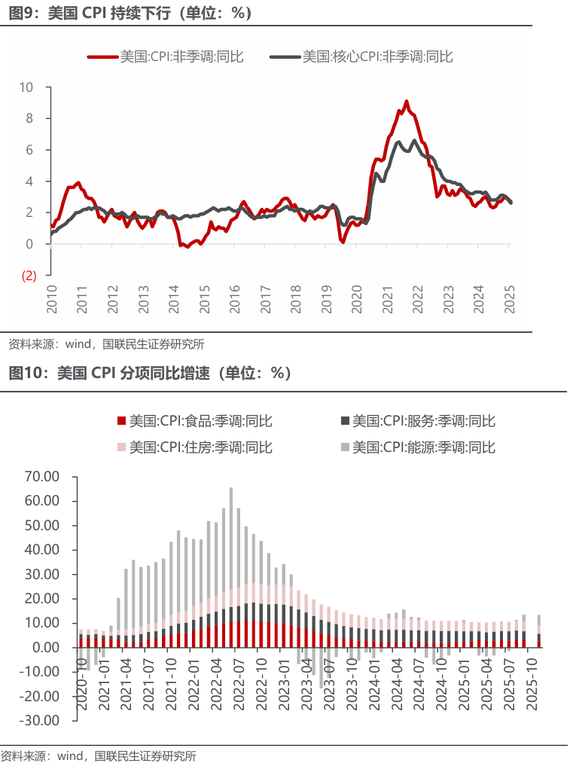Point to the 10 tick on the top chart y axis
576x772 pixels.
coord(26,87)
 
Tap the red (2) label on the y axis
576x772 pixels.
coord(29,276)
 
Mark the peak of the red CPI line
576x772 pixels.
coord(407,101)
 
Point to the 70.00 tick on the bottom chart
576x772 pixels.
coord(41,477)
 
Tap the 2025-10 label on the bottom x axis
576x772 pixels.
coord(532,682)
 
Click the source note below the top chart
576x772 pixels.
coord(105,345)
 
